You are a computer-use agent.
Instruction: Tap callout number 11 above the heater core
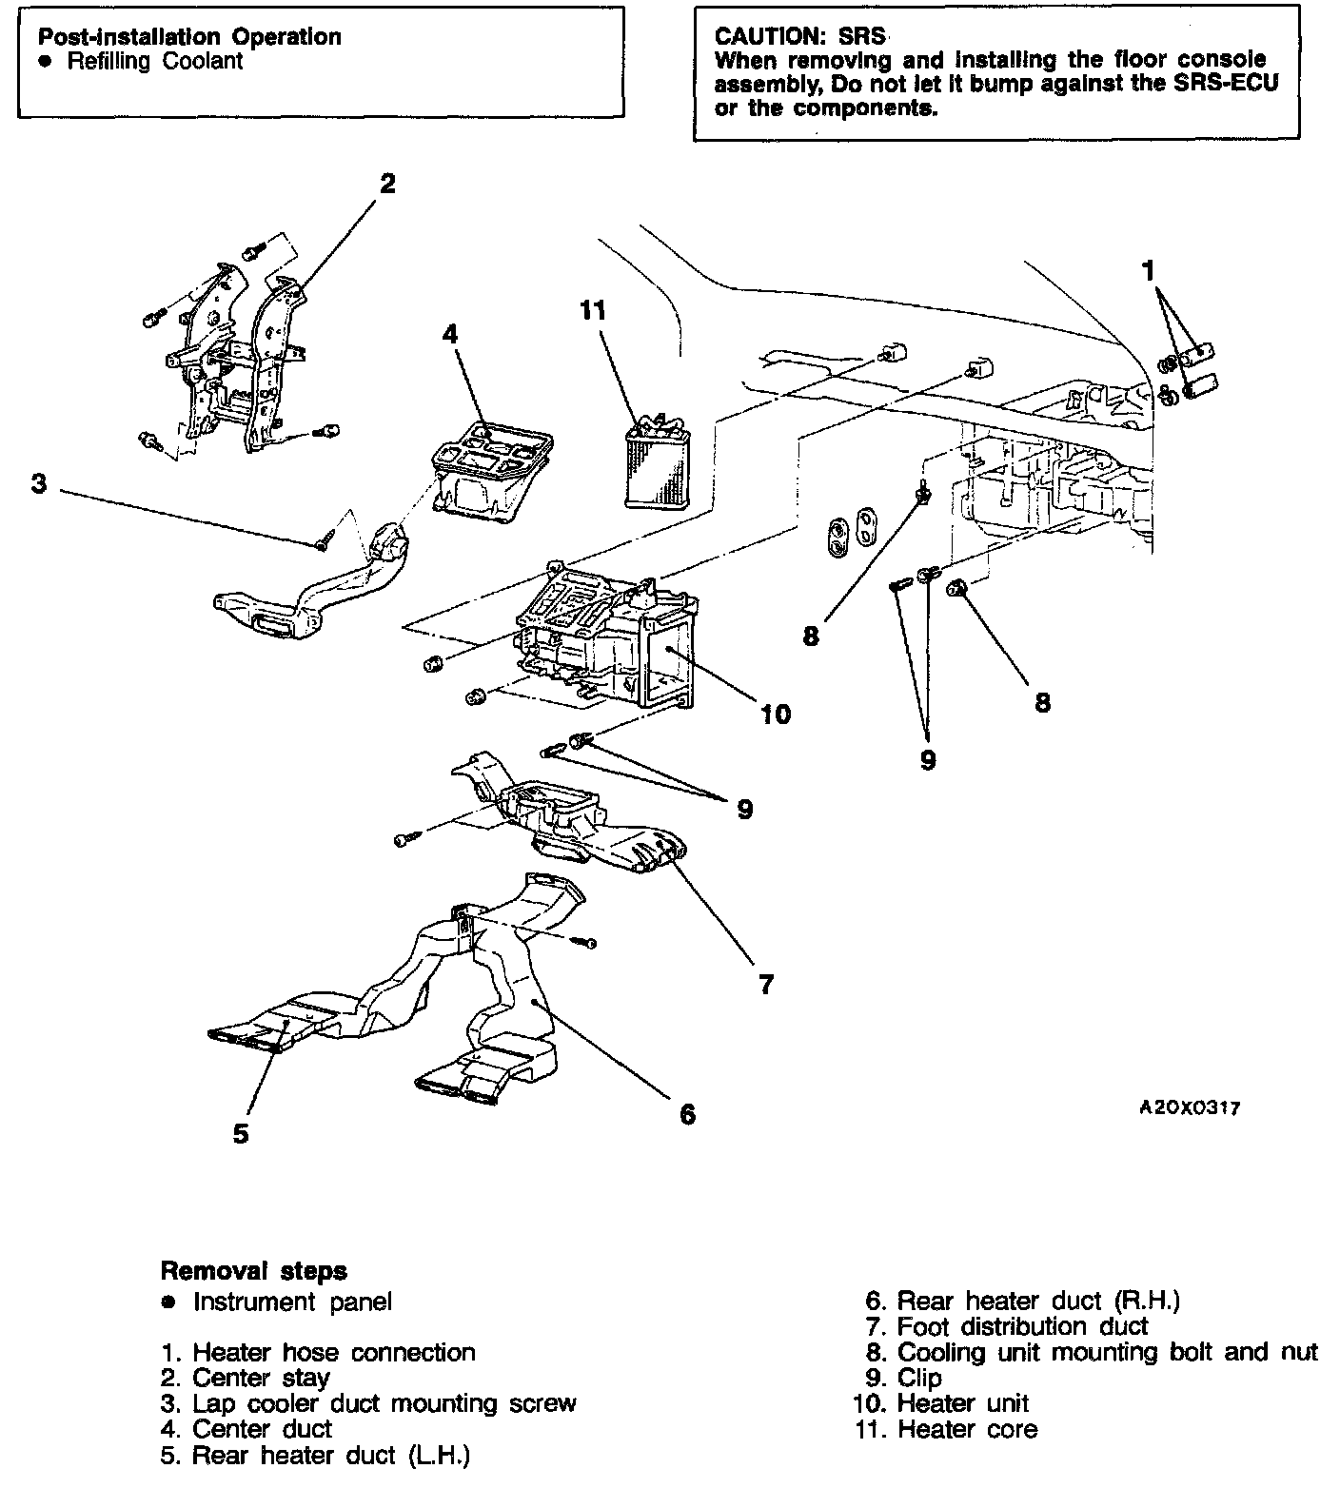(x=593, y=310)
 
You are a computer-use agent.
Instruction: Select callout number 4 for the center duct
(x=449, y=334)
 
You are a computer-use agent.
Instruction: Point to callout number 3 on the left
(x=38, y=484)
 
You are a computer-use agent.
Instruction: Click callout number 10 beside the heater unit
(x=776, y=714)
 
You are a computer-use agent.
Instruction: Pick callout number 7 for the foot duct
(x=766, y=984)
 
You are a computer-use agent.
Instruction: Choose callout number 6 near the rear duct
(x=687, y=1113)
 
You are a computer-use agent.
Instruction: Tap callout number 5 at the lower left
(x=241, y=1133)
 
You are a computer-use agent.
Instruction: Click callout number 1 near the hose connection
(x=1149, y=272)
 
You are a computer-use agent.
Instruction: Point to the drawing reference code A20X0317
(x=1190, y=1108)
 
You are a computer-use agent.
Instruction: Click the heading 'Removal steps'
(x=254, y=1270)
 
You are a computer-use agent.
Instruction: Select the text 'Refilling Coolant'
(x=154, y=62)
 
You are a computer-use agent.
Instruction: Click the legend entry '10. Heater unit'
(x=941, y=1403)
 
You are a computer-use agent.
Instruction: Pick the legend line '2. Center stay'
(x=246, y=1378)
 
